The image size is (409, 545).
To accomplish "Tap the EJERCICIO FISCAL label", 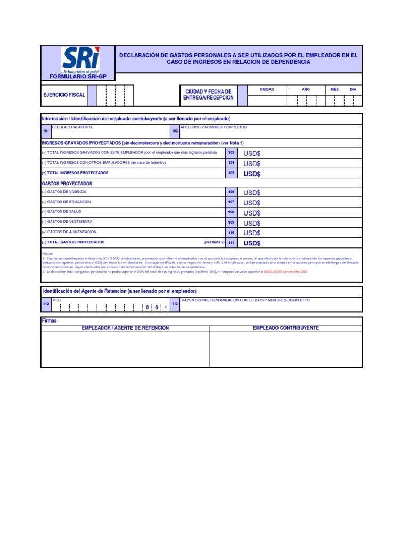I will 64,95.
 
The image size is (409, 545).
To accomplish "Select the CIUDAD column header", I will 266,90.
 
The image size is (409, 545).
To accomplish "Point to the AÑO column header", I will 306,90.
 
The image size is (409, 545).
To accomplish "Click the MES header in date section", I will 334,90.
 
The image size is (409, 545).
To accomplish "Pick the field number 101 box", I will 46,131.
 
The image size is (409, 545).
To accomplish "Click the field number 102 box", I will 175,131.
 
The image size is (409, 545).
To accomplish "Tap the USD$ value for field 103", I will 252,153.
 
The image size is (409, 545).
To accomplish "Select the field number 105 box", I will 231,173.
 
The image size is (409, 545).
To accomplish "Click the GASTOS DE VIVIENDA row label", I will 67,192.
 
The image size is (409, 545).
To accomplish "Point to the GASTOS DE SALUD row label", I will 64,212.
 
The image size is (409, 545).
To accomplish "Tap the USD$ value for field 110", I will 252,233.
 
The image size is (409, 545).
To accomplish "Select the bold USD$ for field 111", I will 252,243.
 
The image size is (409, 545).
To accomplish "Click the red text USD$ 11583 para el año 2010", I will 285,271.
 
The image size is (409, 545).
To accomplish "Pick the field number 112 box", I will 46,304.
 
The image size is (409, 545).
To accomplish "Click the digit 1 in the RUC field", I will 166,308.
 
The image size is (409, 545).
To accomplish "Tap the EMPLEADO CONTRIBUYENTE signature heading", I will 285,328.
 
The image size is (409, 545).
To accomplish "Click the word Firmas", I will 49,321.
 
